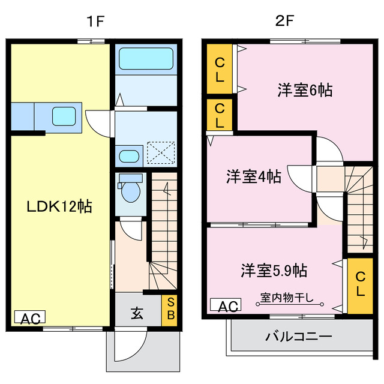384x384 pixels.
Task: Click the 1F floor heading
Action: point(95,22)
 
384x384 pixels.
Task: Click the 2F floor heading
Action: point(284,22)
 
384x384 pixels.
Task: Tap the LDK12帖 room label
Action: point(59,207)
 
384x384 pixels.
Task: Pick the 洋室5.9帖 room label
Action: point(274,270)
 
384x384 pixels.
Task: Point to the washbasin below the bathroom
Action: point(128,156)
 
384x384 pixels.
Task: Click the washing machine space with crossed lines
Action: point(161,152)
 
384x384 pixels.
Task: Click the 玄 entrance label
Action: point(137,313)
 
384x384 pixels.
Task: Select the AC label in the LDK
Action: point(29,319)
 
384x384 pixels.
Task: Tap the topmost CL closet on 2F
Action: point(220,69)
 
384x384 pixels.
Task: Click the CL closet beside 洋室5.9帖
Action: point(360,284)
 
